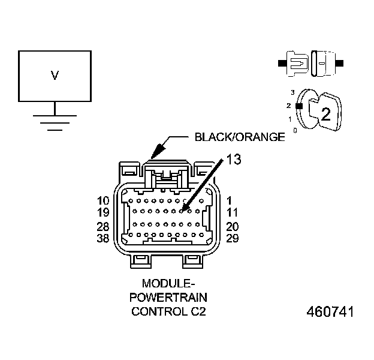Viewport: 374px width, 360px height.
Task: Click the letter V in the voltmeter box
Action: (55, 76)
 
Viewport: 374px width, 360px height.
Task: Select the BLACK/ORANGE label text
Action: (239, 137)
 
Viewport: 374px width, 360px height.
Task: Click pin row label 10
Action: (102, 200)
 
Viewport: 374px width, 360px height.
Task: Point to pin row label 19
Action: (102, 212)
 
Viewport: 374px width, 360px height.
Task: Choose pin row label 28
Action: (102, 227)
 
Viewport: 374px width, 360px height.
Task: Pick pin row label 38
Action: (102, 238)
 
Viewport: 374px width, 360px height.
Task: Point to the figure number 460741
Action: (330, 313)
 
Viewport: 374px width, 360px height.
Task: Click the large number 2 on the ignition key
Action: (325, 115)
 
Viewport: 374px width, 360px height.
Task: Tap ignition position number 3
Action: (292, 92)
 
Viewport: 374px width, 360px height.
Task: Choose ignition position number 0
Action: (294, 130)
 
